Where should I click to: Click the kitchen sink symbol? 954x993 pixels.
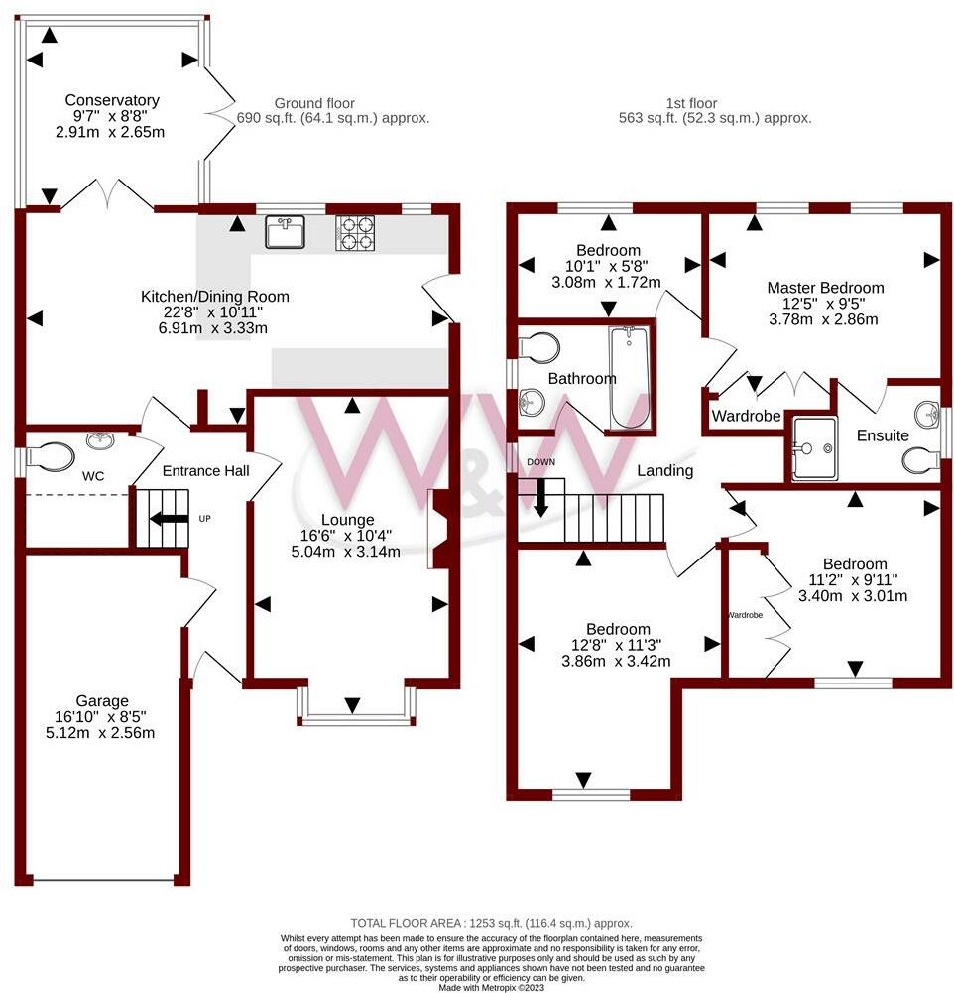(x=286, y=232)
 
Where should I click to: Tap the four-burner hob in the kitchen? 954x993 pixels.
(x=355, y=233)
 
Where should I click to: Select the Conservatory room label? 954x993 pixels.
(x=112, y=100)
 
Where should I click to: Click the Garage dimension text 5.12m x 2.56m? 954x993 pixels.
(x=100, y=733)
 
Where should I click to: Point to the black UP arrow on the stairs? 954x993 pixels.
(x=169, y=519)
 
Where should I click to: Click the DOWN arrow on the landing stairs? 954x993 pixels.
(x=540, y=498)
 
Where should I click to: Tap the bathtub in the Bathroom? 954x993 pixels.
(x=630, y=377)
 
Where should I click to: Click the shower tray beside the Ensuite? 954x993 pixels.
(x=814, y=447)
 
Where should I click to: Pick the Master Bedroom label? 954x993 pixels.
(x=825, y=288)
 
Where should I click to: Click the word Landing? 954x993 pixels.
(x=664, y=470)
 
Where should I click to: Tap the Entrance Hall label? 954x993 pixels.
(x=205, y=470)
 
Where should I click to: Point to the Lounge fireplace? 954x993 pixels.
(x=440, y=529)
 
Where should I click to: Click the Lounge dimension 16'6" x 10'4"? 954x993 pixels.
(x=346, y=536)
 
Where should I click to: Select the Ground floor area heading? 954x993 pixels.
(x=333, y=111)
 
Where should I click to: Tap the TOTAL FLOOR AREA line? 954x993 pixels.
(x=491, y=923)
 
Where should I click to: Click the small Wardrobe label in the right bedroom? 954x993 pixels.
(x=745, y=615)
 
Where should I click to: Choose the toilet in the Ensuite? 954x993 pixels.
(x=921, y=459)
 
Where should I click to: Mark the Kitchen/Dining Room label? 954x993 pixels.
(x=214, y=297)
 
